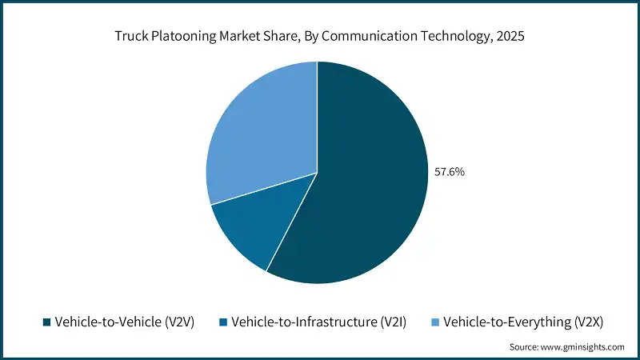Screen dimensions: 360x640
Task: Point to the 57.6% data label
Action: (x=449, y=171)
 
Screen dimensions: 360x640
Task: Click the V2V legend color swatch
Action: (x=46, y=322)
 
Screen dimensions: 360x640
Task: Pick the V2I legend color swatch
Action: (x=224, y=322)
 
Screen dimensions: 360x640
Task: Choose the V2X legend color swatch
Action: (x=435, y=322)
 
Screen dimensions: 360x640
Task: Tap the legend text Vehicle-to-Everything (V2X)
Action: (x=522, y=322)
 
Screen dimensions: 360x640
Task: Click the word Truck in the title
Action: (x=130, y=36)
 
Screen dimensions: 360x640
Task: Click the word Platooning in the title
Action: (x=182, y=36)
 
